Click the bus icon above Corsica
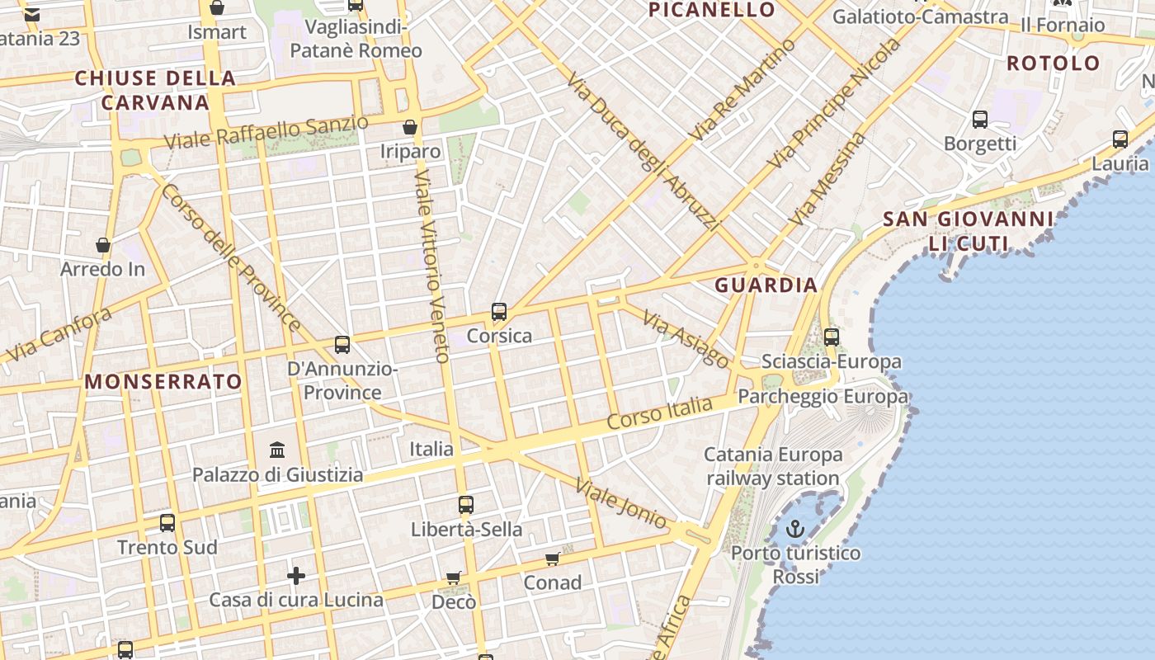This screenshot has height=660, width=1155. click(499, 312)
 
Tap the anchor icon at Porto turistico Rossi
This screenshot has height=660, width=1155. click(795, 529)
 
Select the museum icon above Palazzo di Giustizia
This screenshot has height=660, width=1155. click(277, 450)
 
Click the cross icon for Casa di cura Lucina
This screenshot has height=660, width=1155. click(296, 575)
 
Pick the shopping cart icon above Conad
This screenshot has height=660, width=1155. click(552, 559)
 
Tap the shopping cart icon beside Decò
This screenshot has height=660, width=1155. click(453, 578)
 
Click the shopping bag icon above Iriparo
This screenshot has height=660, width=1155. click(409, 127)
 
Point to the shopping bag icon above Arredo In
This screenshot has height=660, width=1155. click(103, 245)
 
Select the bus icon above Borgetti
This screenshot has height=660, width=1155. click(980, 120)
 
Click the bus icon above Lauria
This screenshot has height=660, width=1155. click(1120, 139)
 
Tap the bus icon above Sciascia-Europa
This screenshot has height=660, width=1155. click(832, 337)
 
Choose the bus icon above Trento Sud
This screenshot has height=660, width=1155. click(167, 523)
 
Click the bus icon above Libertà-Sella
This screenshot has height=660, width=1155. click(466, 505)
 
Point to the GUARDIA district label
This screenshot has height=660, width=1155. click(766, 285)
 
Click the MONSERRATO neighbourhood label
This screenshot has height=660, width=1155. click(163, 381)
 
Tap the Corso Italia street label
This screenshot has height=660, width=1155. click(659, 412)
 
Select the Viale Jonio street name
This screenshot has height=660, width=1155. click(621, 503)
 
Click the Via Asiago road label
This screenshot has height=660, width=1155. click(686, 340)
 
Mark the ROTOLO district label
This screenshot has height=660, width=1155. click(1054, 64)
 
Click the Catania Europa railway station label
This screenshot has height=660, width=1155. click(773, 466)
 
